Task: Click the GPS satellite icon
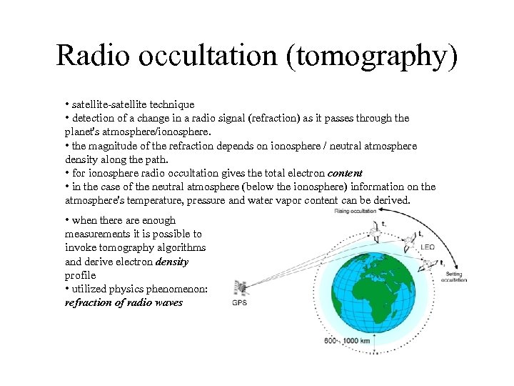pos(241,287)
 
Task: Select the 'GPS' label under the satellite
pos(239,302)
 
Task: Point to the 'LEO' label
pos(427,247)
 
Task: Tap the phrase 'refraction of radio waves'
pos(124,302)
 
